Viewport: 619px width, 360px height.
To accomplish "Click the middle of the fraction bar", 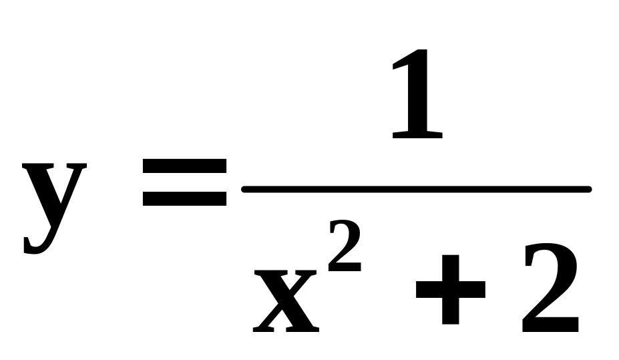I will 416,190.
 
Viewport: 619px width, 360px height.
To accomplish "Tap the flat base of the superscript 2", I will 345,269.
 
